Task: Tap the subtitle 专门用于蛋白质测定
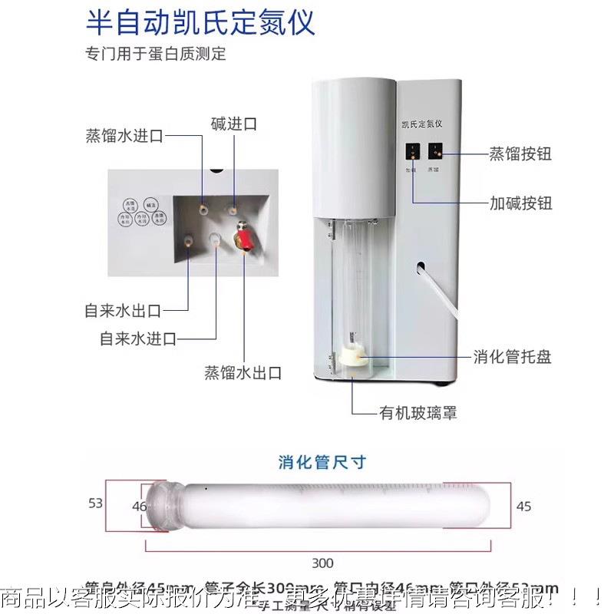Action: click(x=156, y=54)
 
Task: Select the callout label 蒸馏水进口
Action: click(x=124, y=137)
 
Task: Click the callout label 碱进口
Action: click(x=233, y=124)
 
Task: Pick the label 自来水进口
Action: click(x=138, y=338)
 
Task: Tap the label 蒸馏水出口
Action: click(x=243, y=373)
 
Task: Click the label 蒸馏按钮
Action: click(x=520, y=153)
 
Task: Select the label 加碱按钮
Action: click(x=520, y=203)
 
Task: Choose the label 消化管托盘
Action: click(x=512, y=357)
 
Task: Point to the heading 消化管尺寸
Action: click(x=322, y=462)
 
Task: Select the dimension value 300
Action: click(x=322, y=563)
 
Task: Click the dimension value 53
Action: click(x=95, y=503)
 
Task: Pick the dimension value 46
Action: click(x=139, y=506)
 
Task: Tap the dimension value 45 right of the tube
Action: click(x=523, y=506)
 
